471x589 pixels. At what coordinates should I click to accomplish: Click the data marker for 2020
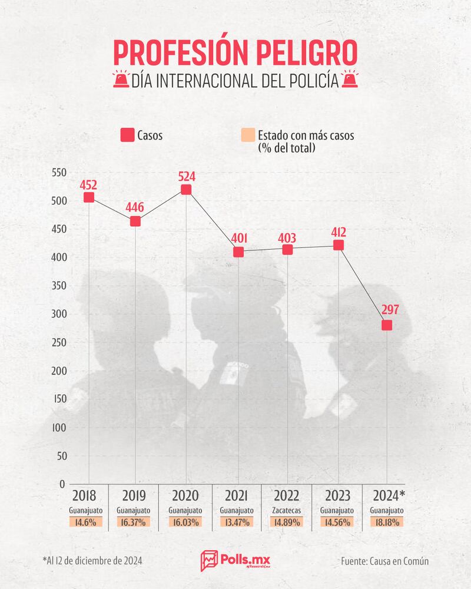point(186,189)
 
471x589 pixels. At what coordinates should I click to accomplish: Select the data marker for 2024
point(387,325)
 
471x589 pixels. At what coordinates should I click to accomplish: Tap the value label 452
point(88,184)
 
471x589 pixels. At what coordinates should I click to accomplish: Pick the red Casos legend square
point(127,135)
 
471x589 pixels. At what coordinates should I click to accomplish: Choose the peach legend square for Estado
point(247,135)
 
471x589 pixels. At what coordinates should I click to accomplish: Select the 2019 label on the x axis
point(135,495)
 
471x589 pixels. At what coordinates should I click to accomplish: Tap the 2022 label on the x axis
point(288,495)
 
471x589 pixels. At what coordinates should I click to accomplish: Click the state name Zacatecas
point(287,510)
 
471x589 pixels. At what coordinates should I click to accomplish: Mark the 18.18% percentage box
point(387,522)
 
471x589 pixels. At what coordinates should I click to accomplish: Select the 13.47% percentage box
point(237,522)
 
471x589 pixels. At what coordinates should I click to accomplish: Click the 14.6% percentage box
point(86,522)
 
